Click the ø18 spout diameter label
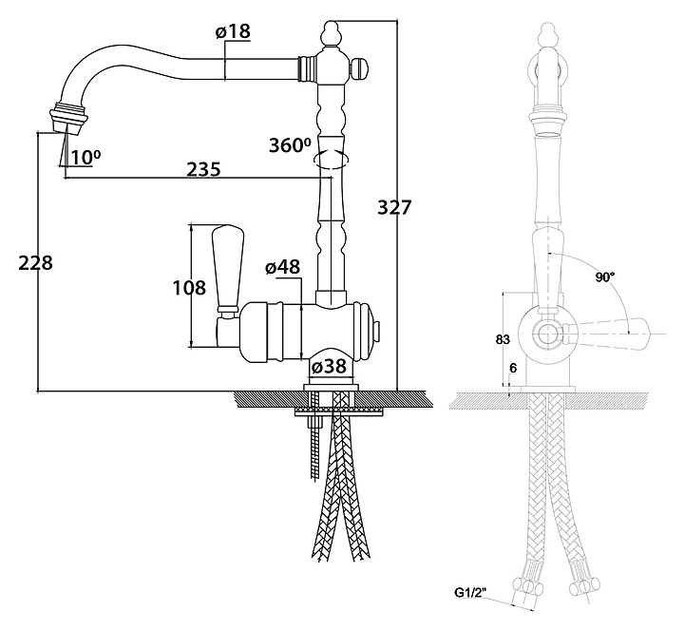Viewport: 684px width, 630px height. click(233, 32)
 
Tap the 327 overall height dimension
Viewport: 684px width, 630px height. click(394, 207)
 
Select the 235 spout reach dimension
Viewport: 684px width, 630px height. click(203, 169)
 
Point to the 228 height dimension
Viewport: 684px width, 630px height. click(35, 263)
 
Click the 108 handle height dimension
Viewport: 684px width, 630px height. click(189, 285)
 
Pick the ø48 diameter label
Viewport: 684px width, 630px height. click(283, 269)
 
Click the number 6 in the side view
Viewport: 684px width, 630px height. click(514, 368)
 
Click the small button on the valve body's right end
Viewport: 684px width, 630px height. click(379, 330)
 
